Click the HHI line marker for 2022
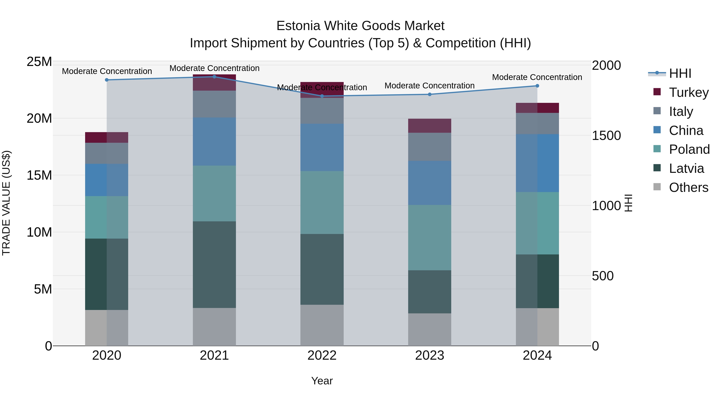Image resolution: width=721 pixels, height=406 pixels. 322,96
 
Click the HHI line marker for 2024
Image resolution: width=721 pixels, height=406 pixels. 537,86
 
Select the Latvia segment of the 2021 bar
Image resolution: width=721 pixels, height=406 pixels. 214,264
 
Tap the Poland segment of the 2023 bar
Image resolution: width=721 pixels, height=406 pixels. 429,238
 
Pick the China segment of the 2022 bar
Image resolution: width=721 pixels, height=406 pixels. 322,147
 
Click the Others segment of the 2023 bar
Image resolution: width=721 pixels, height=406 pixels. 429,329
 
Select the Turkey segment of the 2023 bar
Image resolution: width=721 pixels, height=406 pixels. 429,126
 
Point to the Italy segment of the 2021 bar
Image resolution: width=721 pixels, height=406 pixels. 214,104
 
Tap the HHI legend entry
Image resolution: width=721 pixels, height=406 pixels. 680,73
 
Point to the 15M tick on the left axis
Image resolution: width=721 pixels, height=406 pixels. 39,175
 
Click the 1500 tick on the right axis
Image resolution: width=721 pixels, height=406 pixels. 606,136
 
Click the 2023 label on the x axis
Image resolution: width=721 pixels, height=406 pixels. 429,355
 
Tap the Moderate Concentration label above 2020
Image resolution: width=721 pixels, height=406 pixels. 107,71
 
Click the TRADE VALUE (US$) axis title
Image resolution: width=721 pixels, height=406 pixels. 6,203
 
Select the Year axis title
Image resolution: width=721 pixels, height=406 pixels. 322,381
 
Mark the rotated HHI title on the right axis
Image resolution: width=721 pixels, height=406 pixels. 628,203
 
